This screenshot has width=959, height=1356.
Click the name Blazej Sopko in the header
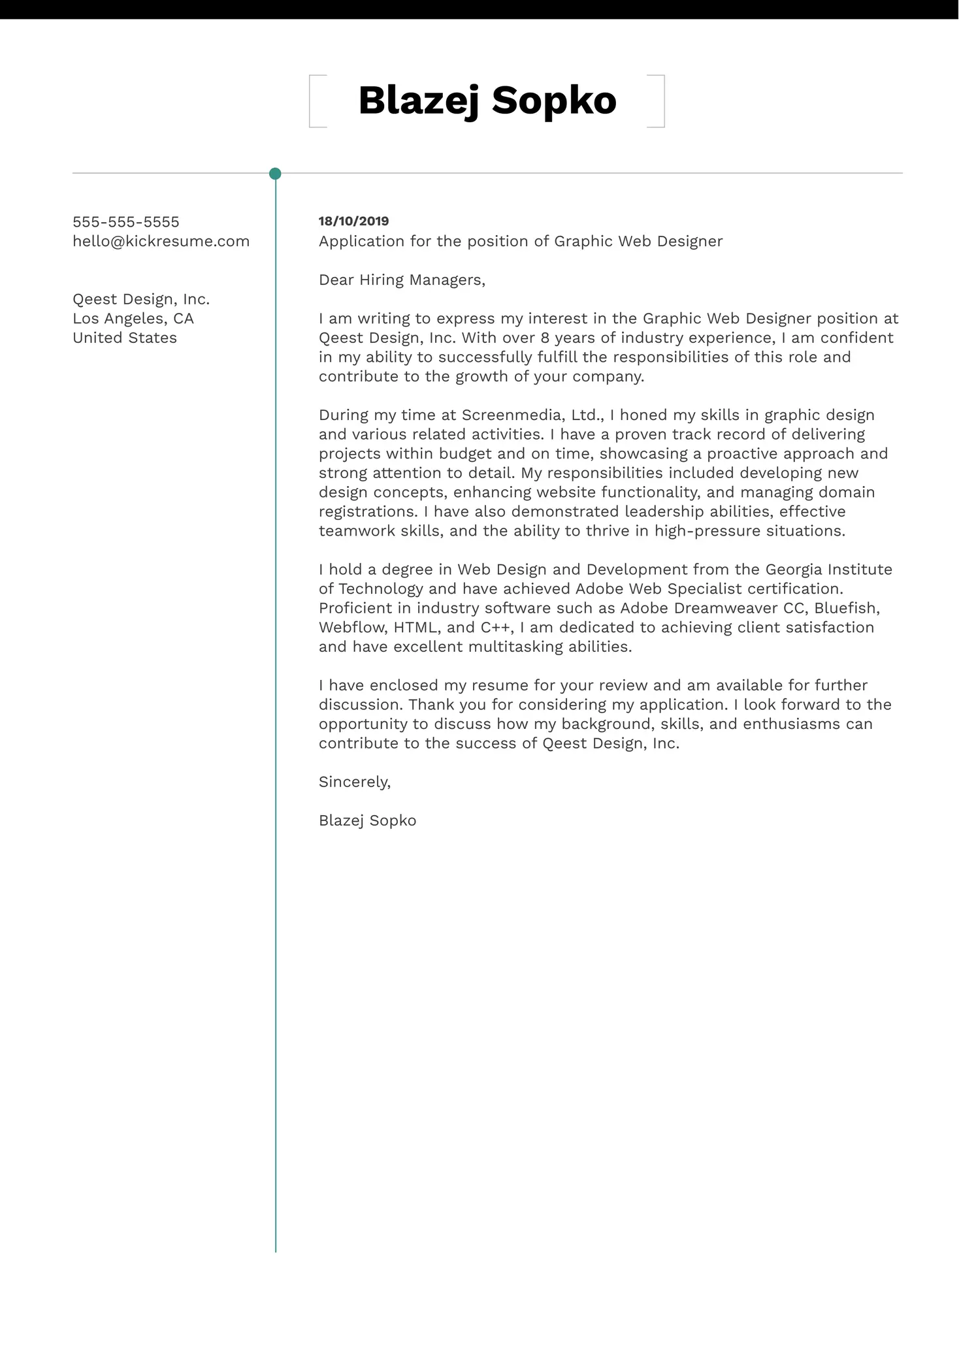(487, 101)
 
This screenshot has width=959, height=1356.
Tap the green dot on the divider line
(275, 174)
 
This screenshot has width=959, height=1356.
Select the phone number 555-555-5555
(125, 222)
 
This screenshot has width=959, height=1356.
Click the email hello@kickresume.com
(161, 242)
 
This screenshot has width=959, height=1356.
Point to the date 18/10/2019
(353, 221)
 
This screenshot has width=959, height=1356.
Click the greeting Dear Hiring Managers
(402, 280)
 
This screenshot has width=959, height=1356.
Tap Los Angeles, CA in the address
(133, 319)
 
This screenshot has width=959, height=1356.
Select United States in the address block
(125, 338)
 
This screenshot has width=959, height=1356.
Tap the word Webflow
(353, 628)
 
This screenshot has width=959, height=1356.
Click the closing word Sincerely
(354, 782)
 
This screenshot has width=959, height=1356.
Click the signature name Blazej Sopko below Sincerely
(367, 821)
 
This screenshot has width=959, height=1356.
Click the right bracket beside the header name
(662, 101)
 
